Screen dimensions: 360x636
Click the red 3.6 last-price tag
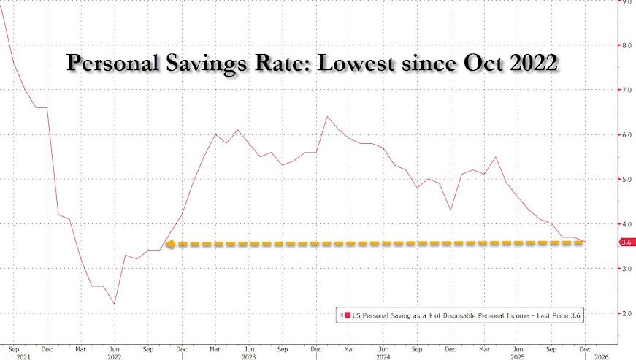(625, 242)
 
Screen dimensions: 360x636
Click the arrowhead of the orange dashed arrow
(169, 244)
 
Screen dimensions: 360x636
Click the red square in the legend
(348, 315)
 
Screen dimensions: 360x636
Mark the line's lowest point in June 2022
(115, 304)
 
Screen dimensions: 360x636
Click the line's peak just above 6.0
(327, 116)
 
